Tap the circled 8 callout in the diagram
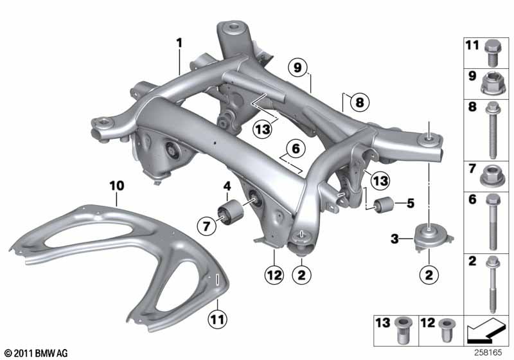click(x=358, y=102)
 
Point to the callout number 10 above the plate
click(x=116, y=185)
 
